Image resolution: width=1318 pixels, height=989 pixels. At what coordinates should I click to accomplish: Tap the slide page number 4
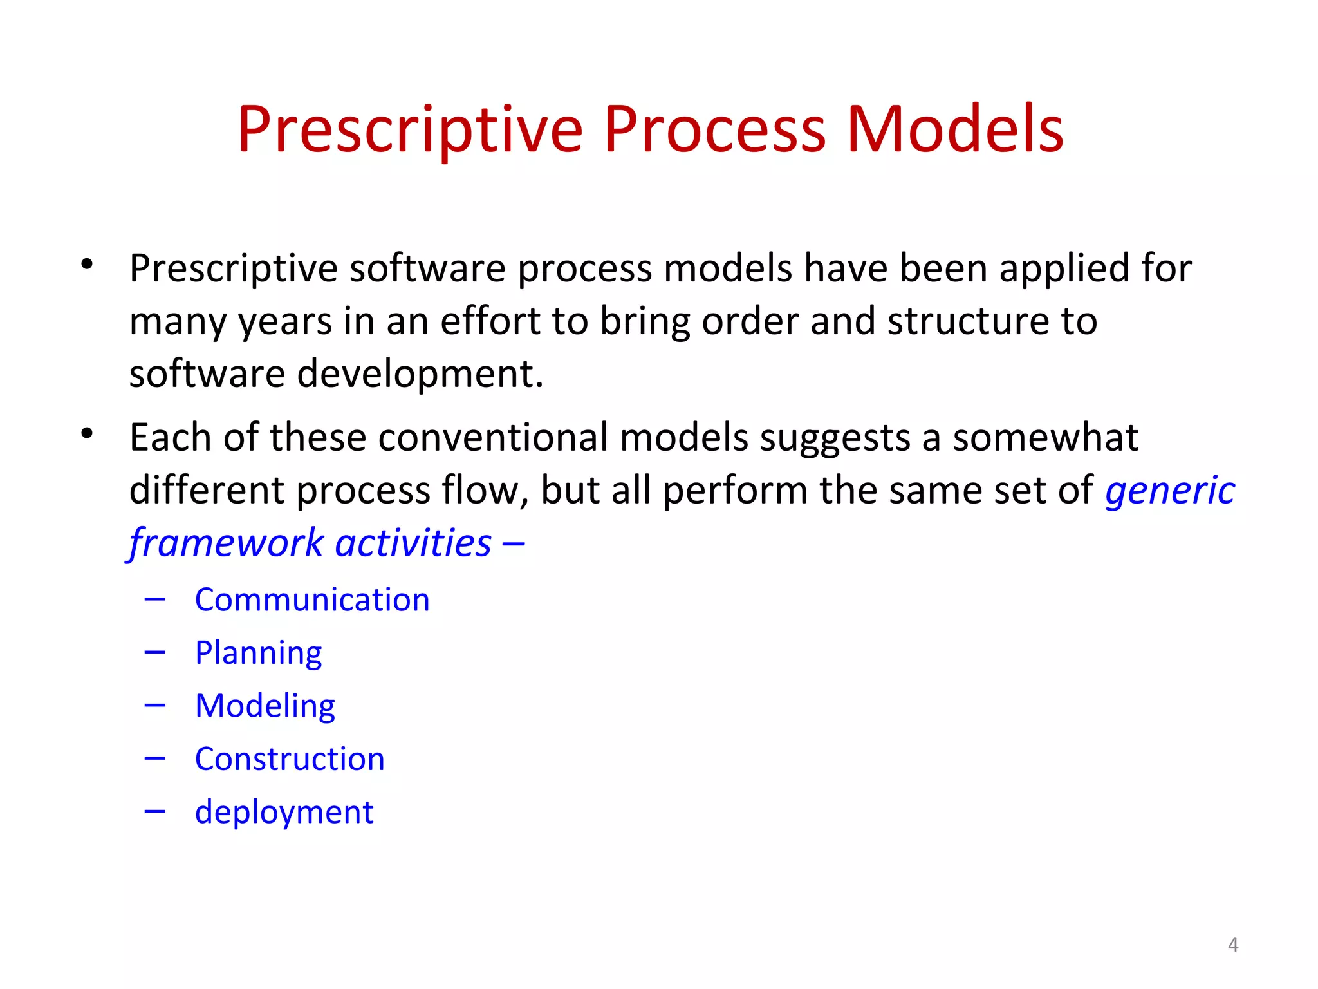[x=1232, y=945]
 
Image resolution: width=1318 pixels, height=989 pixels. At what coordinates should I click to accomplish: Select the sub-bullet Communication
[x=312, y=599]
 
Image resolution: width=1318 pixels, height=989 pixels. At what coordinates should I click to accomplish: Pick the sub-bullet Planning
[x=258, y=653]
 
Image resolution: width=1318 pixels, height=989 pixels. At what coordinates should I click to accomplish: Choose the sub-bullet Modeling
[x=265, y=706]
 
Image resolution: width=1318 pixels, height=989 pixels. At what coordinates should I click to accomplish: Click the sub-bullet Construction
[x=290, y=758]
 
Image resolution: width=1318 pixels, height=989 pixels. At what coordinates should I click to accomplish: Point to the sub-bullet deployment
[x=284, y=812]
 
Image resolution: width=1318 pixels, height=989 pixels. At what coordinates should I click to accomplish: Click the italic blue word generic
[x=1169, y=491]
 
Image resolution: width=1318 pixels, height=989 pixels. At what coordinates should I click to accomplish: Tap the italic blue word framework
[x=226, y=543]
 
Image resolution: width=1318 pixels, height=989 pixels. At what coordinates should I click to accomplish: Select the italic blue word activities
[x=413, y=543]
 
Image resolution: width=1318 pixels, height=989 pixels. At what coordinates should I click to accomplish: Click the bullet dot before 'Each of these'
[x=88, y=433]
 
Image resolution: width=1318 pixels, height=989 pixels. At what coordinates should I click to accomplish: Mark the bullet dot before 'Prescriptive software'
[x=88, y=264]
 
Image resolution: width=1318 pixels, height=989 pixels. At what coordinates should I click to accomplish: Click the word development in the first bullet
[x=420, y=373]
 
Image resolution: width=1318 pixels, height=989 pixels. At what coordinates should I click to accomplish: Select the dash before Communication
[x=155, y=600]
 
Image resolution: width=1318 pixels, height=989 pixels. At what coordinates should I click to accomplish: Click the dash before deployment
[x=155, y=812]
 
